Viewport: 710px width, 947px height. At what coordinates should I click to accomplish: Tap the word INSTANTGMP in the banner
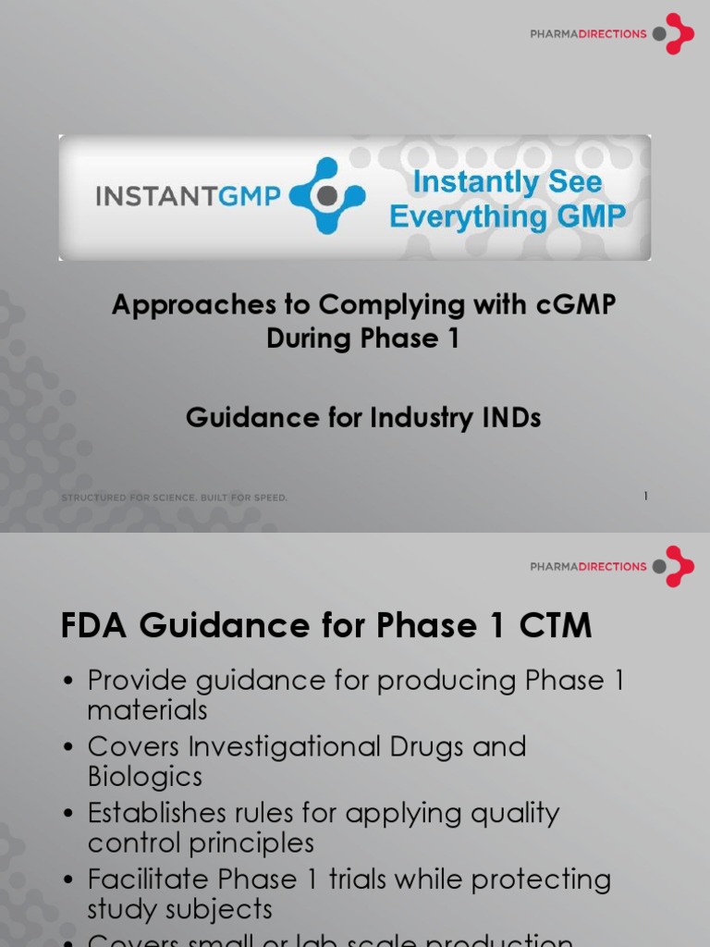pyautogui.click(x=189, y=196)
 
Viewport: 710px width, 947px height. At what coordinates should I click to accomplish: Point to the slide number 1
pyautogui.click(x=645, y=497)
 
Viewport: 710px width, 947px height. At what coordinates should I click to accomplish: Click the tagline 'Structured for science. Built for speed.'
pyautogui.click(x=175, y=498)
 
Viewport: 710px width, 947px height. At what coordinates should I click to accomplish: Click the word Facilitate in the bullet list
pyautogui.click(x=148, y=879)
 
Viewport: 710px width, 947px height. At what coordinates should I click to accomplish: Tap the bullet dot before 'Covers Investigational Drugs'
pyautogui.click(x=68, y=747)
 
